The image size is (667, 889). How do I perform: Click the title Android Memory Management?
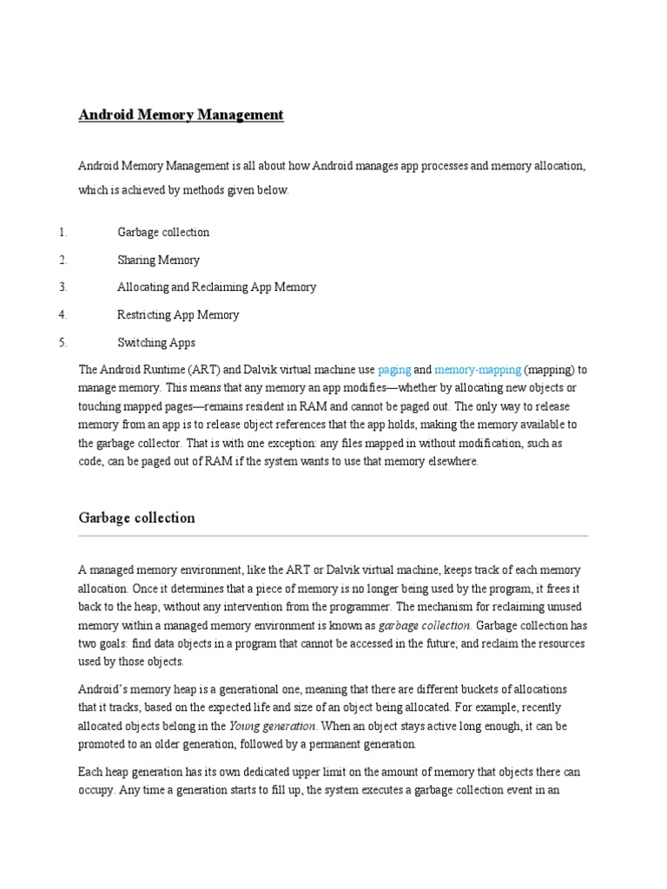182,115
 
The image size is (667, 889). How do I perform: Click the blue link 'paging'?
394,369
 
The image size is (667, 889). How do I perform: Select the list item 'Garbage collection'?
163,233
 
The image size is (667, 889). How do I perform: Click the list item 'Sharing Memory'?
158,260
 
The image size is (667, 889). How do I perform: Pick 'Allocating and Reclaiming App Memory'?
216,287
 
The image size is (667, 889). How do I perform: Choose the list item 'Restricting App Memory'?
178,314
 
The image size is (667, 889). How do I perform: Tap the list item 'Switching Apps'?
156,342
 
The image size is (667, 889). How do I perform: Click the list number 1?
63,233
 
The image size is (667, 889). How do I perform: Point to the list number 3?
63,287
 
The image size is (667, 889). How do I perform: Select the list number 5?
63,342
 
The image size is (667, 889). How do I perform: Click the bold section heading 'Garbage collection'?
136,518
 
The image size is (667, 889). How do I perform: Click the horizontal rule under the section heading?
333,537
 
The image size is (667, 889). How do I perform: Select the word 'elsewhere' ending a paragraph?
451,462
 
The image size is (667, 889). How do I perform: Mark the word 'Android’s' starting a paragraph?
104,688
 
